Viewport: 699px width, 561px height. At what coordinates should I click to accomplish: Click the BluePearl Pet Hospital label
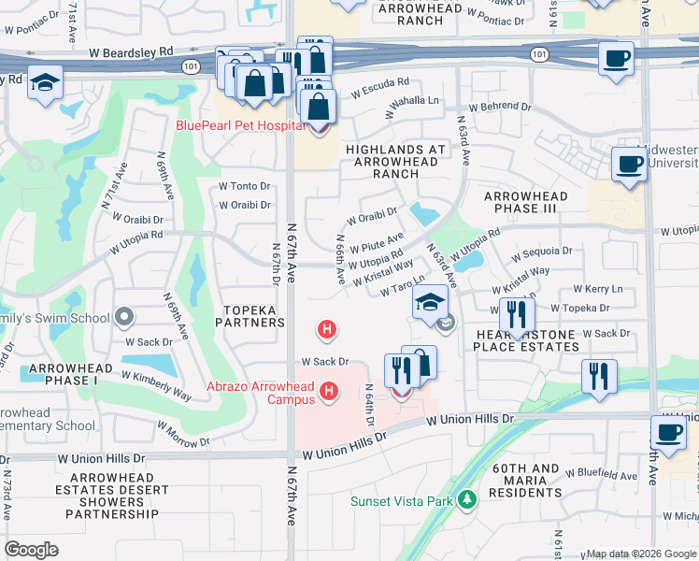(241, 124)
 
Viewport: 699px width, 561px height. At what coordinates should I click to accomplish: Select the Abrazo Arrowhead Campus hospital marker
(329, 391)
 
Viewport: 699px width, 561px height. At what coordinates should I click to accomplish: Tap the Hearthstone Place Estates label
(525, 339)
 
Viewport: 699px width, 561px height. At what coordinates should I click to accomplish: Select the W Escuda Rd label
(380, 93)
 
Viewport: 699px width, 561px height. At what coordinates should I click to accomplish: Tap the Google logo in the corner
(32, 549)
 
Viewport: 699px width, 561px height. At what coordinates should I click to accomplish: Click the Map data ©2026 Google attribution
(640, 554)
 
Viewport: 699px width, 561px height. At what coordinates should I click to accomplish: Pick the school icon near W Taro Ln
(430, 303)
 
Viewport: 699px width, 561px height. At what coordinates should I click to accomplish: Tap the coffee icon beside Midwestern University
(628, 165)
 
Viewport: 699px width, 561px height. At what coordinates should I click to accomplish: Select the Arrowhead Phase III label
(520, 202)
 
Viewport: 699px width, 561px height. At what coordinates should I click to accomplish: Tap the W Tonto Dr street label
(243, 186)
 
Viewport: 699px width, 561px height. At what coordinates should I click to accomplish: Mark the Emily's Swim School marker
(123, 317)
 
